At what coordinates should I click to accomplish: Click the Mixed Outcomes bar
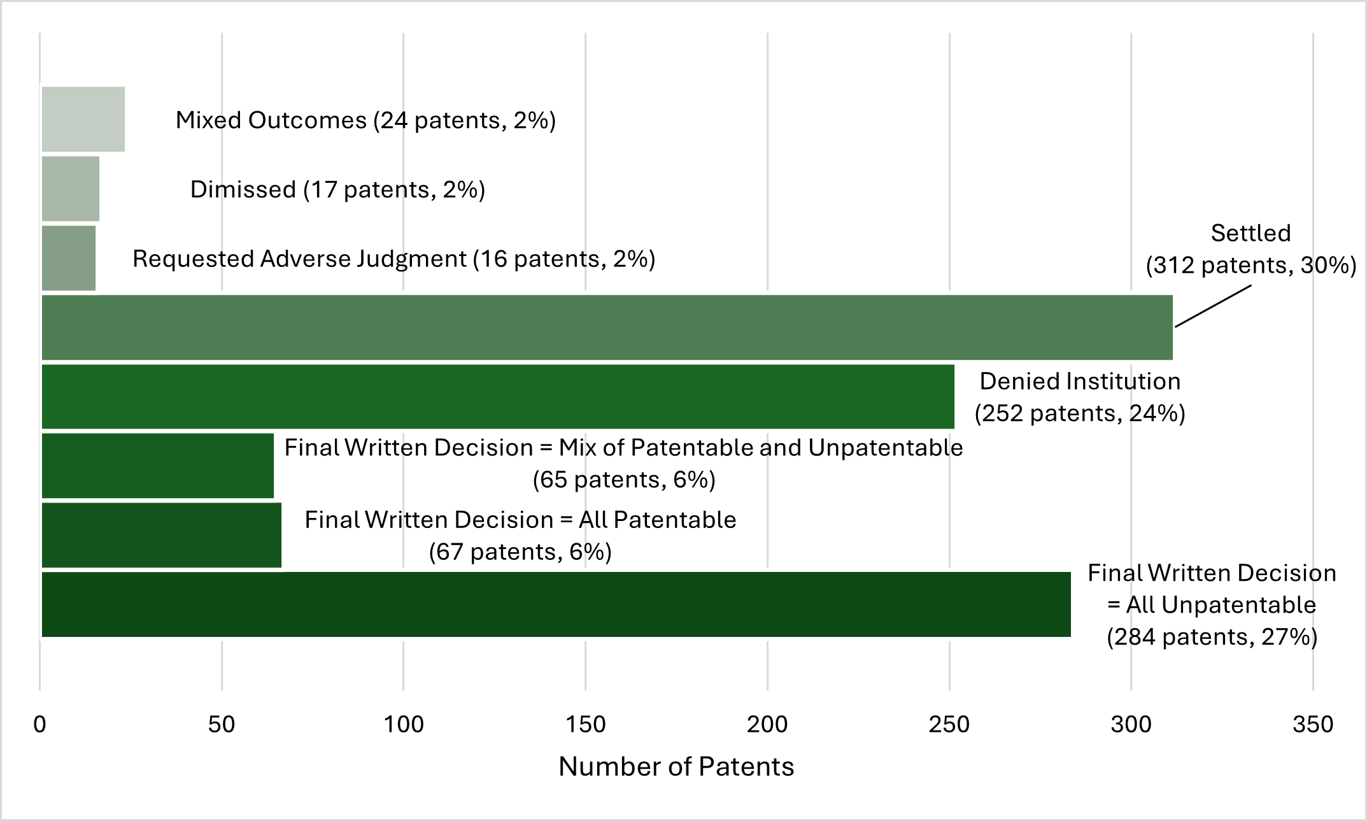coord(83,119)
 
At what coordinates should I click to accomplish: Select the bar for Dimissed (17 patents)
coord(70,189)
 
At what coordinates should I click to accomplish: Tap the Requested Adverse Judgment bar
coord(68,258)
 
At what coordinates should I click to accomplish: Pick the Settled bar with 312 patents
coord(605,327)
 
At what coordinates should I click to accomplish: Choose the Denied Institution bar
coord(497,396)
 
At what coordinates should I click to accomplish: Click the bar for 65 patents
coord(157,466)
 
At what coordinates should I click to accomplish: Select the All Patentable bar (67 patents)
coord(161,535)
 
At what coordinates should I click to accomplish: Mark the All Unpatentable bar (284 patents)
coord(554,604)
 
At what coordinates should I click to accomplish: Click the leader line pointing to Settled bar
coord(1213,306)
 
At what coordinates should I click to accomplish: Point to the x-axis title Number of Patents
coord(676,766)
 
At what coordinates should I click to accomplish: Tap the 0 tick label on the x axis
coord(39,724)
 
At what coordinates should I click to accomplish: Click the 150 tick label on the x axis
coord(585,724)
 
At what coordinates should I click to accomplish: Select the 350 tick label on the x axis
coord(1312,724)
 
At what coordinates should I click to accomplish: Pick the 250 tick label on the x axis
coord(949,724)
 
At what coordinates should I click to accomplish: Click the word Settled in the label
coord(1250,233)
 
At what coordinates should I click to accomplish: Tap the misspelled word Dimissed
coord(243,189)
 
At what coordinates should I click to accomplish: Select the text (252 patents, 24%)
coord(1080,413)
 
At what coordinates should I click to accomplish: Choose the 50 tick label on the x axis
coord(221,724)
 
